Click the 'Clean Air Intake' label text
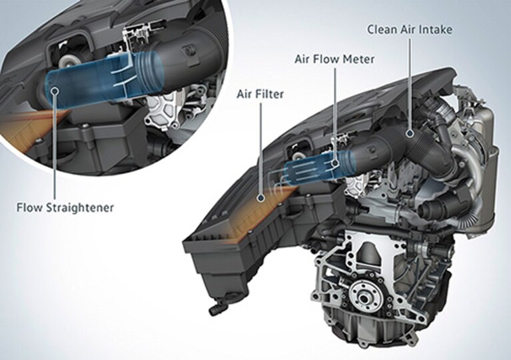tap(410, 30)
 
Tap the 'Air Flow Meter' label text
tap(334, 59)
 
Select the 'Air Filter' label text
tap(260, 94)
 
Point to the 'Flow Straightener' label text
tap(65, 207)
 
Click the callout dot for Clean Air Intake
tap(410, 133)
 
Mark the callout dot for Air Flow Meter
tap(335, 163)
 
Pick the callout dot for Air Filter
tap(260, 197)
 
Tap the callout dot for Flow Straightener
tap(55, 90)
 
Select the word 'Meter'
tap(361, 59)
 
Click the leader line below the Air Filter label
tap(260, 149)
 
